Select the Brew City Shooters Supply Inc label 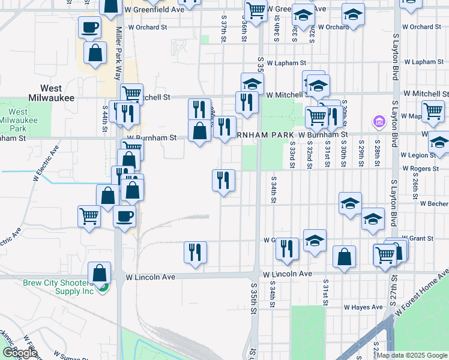(59, 287)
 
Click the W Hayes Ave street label (363, 307)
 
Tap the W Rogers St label (420, 169)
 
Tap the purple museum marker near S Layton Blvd (379, 123)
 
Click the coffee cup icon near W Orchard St (89, 27)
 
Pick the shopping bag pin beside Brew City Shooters (99, 272)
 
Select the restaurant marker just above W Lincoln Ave (195, 251)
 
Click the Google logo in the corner (20, 353)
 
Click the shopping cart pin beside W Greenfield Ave (256, 10)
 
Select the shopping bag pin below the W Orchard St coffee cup (95, 53)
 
